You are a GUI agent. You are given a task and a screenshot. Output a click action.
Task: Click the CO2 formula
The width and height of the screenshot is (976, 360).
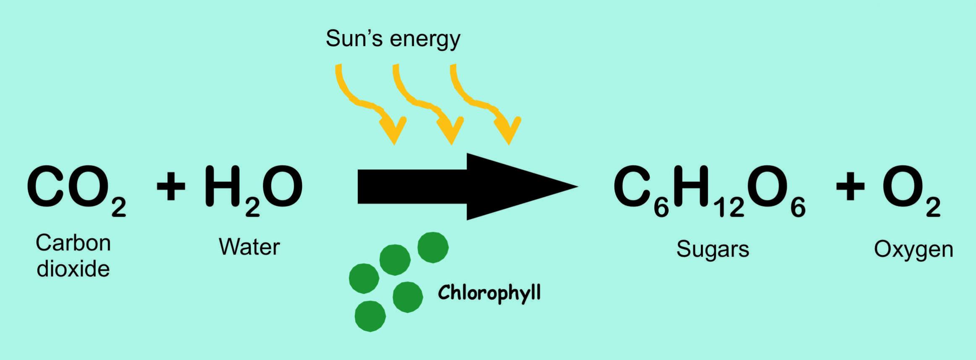[76, 190]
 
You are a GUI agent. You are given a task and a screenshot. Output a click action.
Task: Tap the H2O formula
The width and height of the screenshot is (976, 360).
[254, 190]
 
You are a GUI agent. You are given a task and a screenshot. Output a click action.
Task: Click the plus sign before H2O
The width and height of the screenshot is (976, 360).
[171, 186]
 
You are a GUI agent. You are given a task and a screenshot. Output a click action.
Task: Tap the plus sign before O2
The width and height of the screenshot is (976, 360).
[850, 186]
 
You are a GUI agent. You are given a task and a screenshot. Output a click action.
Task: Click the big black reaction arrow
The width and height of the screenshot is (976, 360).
[468, 187]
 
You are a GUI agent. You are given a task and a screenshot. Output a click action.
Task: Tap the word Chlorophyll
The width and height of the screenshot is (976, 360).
[489, 293]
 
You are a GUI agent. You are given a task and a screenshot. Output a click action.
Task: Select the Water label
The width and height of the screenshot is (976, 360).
[249, 247]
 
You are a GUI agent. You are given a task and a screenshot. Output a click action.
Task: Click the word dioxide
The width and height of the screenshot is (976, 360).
[73, 269]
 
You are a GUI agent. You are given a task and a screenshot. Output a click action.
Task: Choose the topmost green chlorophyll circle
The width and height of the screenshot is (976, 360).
[433, 247]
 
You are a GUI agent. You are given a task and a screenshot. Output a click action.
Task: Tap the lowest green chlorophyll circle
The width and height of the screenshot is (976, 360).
[370, 316]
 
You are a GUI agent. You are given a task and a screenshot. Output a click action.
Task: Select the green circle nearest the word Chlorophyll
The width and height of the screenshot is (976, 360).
[407, 297]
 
